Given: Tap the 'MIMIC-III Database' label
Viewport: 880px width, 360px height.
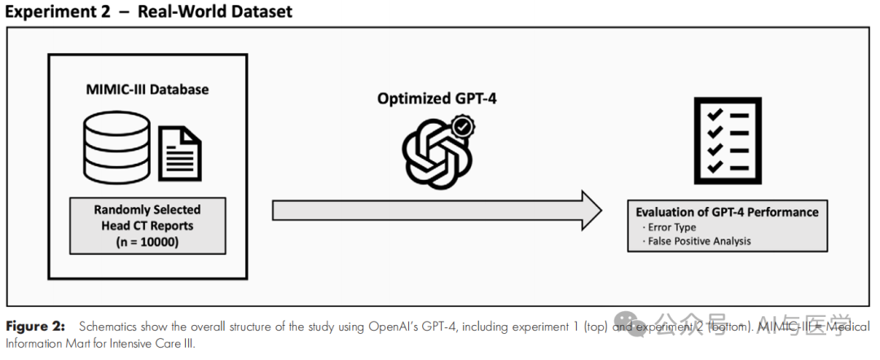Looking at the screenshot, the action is [147, 89].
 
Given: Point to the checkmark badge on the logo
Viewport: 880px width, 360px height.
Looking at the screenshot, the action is [464, 127].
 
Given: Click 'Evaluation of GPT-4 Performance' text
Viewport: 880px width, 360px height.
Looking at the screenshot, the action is [727, 212].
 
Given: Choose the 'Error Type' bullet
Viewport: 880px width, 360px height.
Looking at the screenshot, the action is [670, 227].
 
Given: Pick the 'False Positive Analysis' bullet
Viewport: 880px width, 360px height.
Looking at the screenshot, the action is [697, 240].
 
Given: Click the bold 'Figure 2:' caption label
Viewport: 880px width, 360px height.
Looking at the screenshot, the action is [36, 327].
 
